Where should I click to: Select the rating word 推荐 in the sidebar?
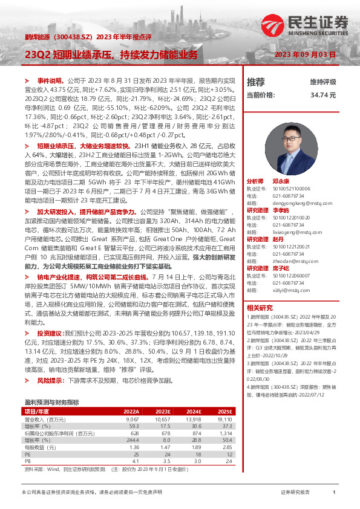tap(256, 82)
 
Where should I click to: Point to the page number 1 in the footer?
tap(334, 493)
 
